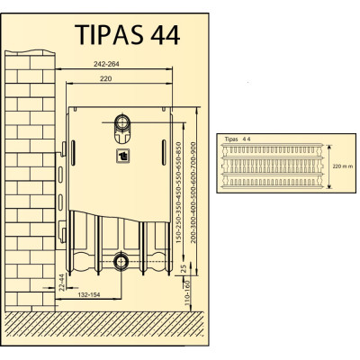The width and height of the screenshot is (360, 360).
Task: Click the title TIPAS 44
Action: coord(127,34)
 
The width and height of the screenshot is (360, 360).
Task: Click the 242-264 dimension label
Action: coord(106,64)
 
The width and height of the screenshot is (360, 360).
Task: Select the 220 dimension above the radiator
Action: coord(105,78)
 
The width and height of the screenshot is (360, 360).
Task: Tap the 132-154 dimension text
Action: coord(89,294)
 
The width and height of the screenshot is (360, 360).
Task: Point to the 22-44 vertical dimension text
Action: coord(62,283)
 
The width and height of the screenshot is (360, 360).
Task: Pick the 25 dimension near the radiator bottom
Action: coord(185,268)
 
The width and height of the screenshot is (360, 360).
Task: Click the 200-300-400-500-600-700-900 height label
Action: coord(193,193)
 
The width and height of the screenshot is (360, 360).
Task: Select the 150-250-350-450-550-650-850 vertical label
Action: coord(179,193)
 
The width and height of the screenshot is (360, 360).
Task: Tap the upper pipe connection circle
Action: coord(122,122)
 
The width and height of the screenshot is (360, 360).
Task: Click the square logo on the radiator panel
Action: coord(123,156)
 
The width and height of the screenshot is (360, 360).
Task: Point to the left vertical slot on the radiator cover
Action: coord(73,153)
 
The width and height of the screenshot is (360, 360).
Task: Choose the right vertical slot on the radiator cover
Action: coord(164,152)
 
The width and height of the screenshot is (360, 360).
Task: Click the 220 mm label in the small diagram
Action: coord(343,166)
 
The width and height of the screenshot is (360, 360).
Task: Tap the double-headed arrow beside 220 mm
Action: coord(329,166)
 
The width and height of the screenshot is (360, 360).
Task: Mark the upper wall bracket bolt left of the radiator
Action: coord(63,148)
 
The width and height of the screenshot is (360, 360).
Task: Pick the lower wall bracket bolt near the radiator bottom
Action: coord(63,235)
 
